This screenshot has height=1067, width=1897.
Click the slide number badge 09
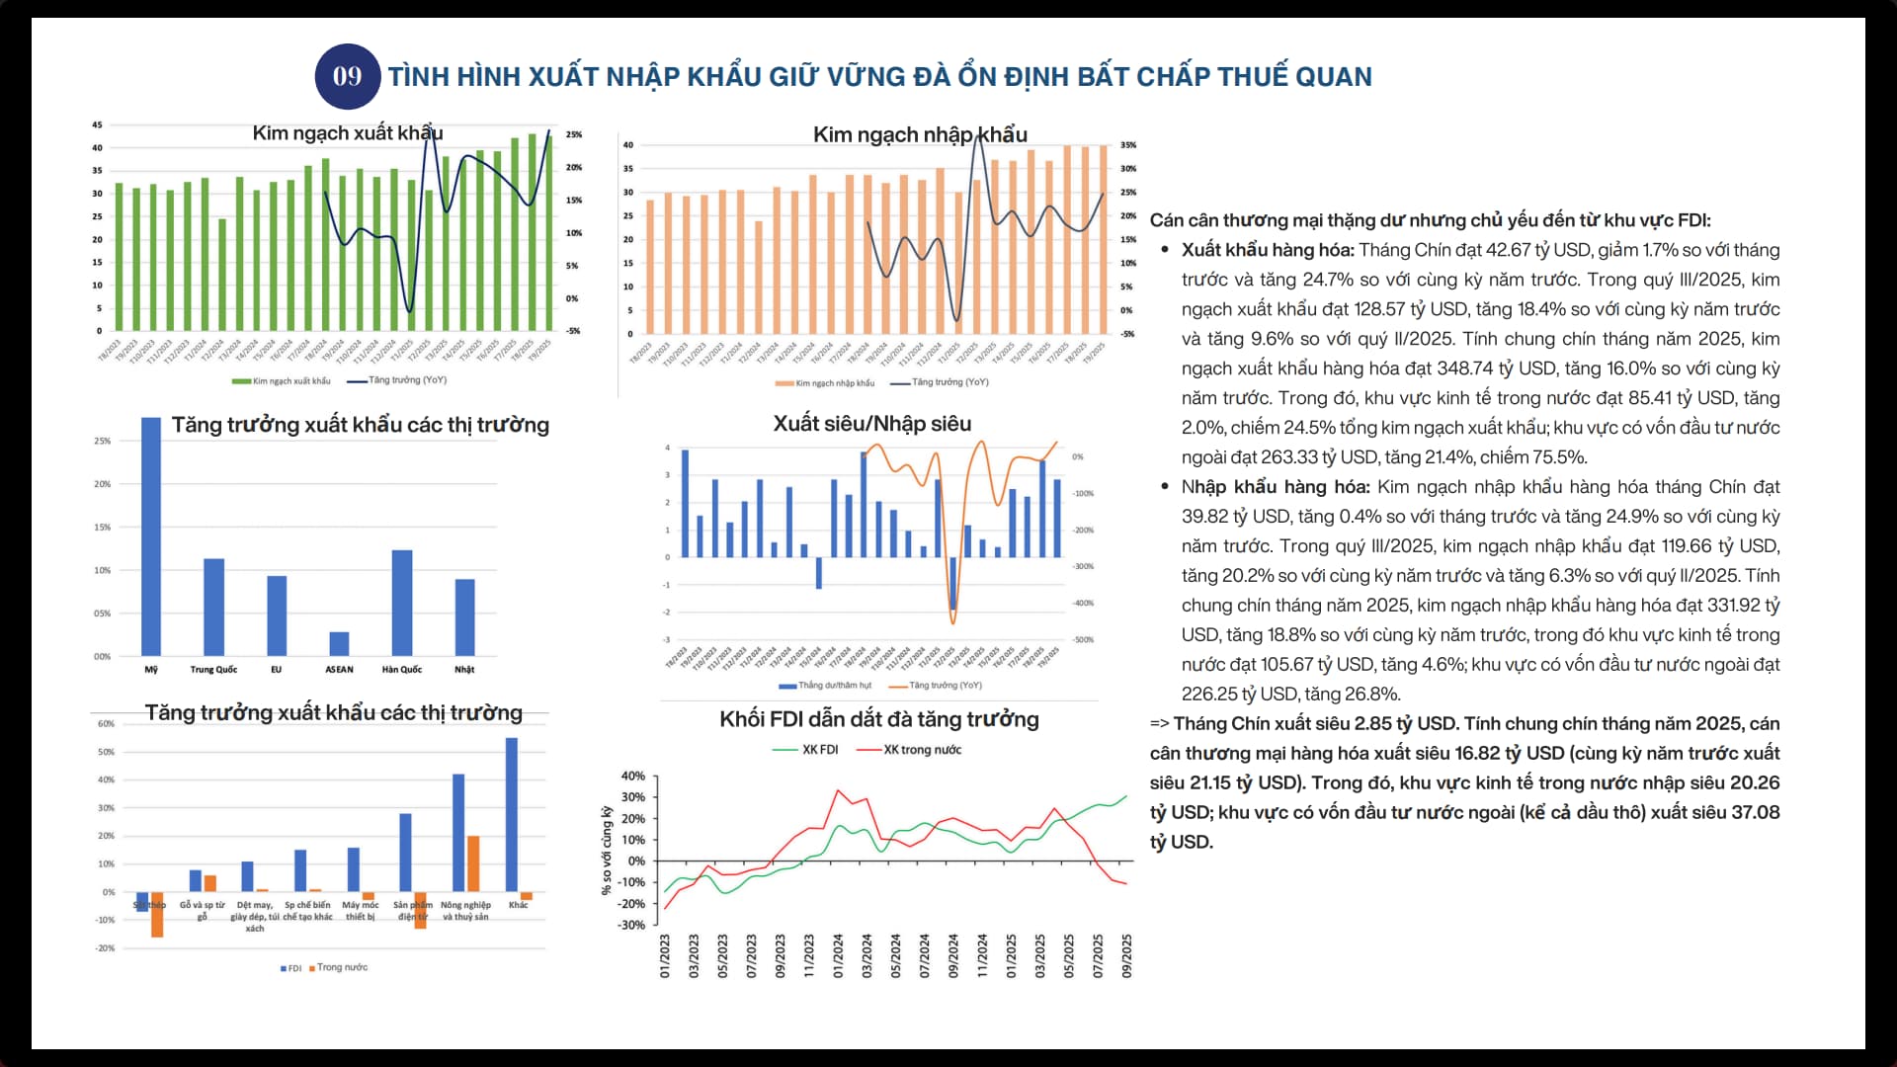point(347,76)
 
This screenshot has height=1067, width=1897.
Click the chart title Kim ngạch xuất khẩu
point(347,133)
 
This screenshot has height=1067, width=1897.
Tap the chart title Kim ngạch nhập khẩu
point(919,134)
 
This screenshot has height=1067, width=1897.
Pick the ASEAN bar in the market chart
point(339,643)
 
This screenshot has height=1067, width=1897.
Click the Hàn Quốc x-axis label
point(401,670)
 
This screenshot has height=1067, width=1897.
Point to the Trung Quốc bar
point(213,607)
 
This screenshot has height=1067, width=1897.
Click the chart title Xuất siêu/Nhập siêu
point(871,424)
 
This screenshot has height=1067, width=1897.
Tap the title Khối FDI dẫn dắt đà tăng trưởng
point(878,719)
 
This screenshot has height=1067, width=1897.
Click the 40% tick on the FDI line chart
point(632,777)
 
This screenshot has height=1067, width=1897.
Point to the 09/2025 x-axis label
point(1126,956)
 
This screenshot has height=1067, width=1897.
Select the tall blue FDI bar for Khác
point(512,814)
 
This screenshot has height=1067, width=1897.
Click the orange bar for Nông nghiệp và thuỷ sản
point(473,863)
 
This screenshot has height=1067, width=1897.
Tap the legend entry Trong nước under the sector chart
point(341,967)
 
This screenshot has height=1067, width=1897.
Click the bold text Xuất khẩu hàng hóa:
point(1267,250)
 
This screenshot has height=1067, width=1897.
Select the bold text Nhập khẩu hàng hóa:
point(1275,487)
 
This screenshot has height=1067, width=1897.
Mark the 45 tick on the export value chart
point(97,125)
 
